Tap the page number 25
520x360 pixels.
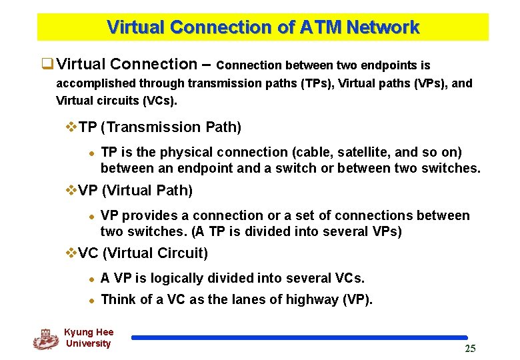[x=470, y=349]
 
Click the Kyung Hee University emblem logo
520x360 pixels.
[x=45, y=339]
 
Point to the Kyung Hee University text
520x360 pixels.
[x=89, y=338]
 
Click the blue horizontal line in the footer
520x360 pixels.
[x=299, y=337]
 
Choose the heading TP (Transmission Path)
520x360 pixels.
[x=159, y=127]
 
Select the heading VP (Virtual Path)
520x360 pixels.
[x=135, y=191]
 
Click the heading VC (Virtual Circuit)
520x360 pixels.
[x=143, y=253]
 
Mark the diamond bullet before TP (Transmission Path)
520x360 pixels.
[x=72, y=127]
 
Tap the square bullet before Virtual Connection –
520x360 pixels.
[x=47, y=65]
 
